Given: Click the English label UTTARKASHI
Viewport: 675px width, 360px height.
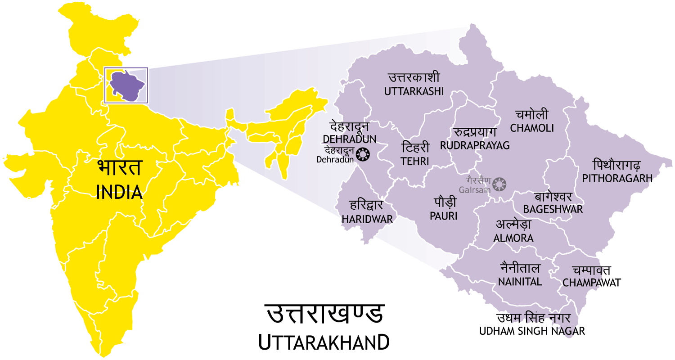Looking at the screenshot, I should [x=414, y=91].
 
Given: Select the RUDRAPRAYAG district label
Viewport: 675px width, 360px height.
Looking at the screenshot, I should [x=475, y=145].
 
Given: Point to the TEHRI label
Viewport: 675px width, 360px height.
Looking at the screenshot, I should [x=415, y=161].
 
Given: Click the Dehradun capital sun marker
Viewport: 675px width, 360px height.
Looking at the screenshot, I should [x=362, y=155].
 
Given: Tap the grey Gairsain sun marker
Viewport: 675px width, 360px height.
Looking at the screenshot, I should [x=499, y=184].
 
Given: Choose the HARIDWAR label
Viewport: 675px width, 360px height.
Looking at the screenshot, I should [x=367, y=219].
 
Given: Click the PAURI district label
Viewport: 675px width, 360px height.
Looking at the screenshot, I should [x=443, y=216].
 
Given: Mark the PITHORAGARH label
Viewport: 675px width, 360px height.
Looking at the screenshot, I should [x=617, y=178].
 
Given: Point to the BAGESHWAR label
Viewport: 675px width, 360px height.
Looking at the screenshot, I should [x=553, y=209].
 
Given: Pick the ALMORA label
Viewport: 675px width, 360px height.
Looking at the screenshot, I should [x=513, y=238].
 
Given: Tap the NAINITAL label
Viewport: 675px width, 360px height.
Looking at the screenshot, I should [x=520, y=282].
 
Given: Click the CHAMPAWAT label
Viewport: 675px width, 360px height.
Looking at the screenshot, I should [x=591, y=283].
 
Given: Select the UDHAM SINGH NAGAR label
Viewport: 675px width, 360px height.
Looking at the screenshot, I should [x=532, y=331].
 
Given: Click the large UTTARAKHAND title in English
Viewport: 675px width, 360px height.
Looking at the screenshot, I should [x=324, y=342].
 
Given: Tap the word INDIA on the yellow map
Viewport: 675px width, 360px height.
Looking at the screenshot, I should [x=120, y=192].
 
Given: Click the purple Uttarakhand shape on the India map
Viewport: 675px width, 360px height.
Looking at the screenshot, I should [x=125, y=85].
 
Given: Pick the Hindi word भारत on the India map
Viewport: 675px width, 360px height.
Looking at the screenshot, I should [x=120, y=168].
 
